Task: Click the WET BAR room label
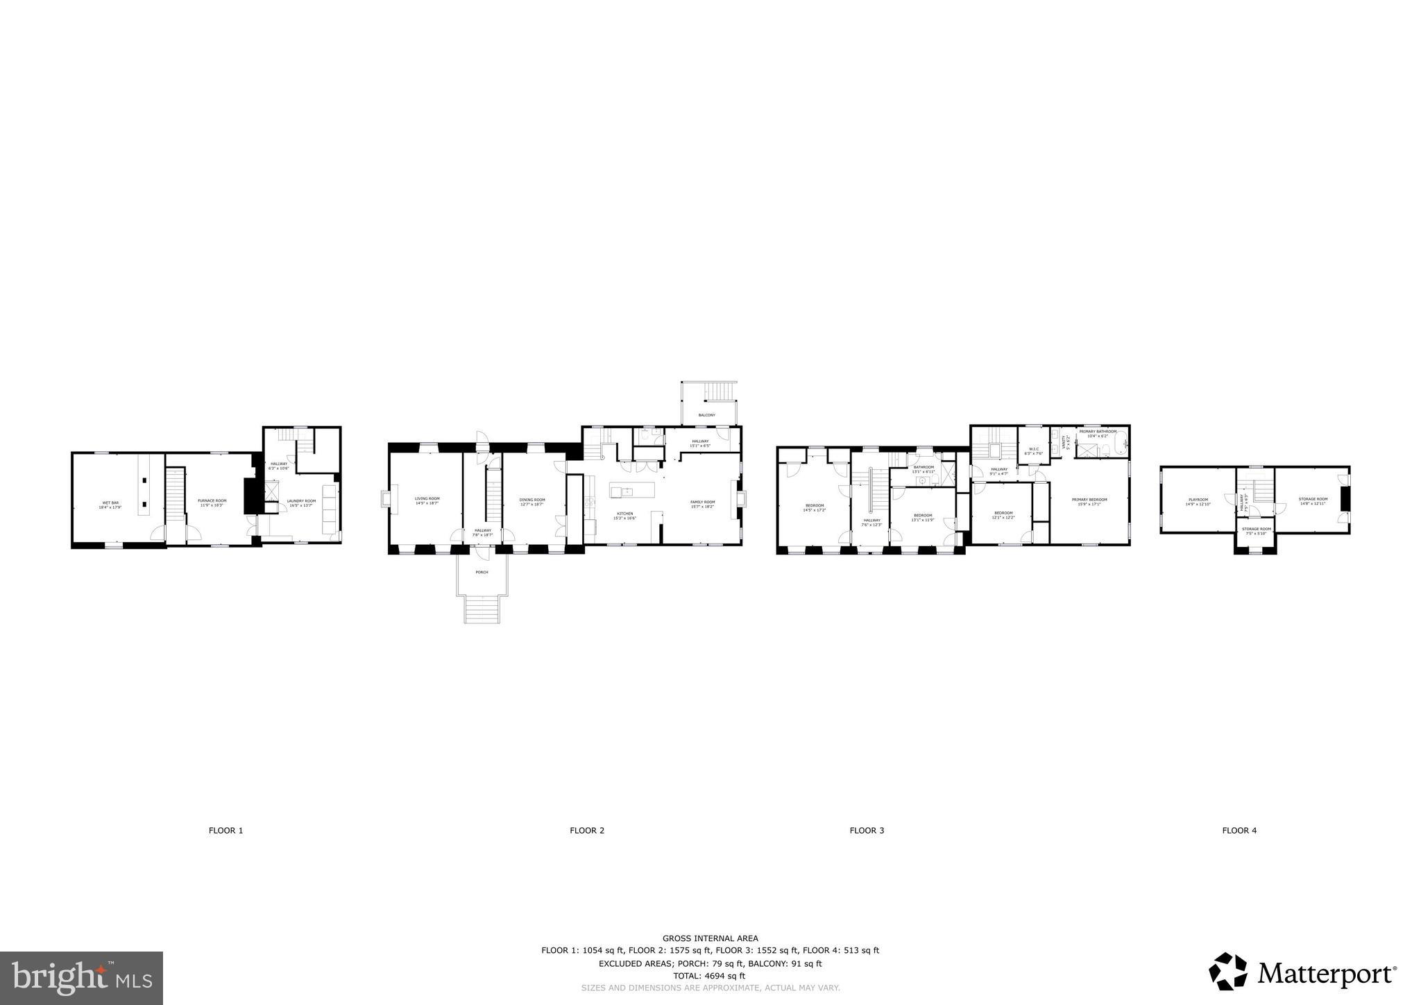pos(110,505)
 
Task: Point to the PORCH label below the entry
pos(482,572)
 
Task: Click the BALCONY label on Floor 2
pos(706,415)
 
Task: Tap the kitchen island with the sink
pos(632,491)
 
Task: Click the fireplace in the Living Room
pos(384,500)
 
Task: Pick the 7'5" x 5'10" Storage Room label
pos(1256,531)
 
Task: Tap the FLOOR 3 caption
pos(867,830)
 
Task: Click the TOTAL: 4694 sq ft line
pos(705,975)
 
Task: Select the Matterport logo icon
pos(1229,972)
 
